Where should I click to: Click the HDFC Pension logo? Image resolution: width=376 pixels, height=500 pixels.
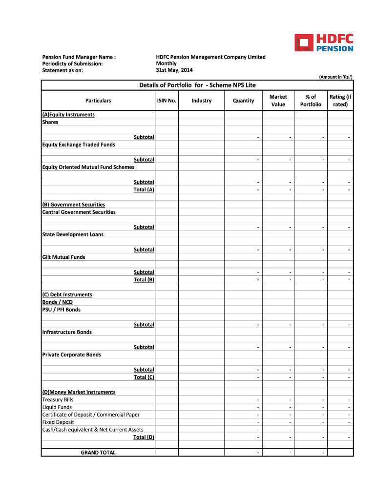[x=324, y=42]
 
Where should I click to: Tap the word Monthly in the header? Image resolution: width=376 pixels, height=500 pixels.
[x=166, y=63]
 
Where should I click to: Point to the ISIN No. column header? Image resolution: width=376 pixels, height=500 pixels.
[x=167, y=101]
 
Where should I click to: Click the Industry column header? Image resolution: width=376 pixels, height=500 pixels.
[x=201, y=101]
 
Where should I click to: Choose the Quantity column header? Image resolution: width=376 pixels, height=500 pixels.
[x=243, y=101]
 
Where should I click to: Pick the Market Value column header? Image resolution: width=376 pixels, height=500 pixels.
[x=278, y=101]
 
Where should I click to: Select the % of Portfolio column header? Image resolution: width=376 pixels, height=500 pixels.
[x=311, y=101]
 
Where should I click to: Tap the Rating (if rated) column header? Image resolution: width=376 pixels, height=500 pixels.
[x=340, y=101]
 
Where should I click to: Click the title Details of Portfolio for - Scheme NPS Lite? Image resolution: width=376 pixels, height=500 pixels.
[x=197, y=85]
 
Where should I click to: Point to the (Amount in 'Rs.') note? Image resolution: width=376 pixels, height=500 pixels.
[x=335, y=77]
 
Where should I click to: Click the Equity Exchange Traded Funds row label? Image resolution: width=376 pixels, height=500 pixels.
[x=79, y=145]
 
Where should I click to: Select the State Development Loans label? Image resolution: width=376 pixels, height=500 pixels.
[x=73, y=234]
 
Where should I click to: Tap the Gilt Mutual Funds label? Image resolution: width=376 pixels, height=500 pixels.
[x=63, y=257]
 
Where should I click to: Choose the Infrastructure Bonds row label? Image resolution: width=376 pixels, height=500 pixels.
[x=67, y=332]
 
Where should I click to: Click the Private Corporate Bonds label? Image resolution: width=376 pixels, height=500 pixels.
[x=72, y=354]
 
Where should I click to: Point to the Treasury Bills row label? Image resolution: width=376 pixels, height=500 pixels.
[x=58, y=399]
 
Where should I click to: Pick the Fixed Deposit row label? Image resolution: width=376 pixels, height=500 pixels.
[x=58, y=422]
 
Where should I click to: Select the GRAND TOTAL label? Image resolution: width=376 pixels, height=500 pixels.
[x=98, y=453]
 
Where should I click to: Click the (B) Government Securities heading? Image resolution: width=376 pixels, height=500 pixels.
[x=74, y=205]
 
